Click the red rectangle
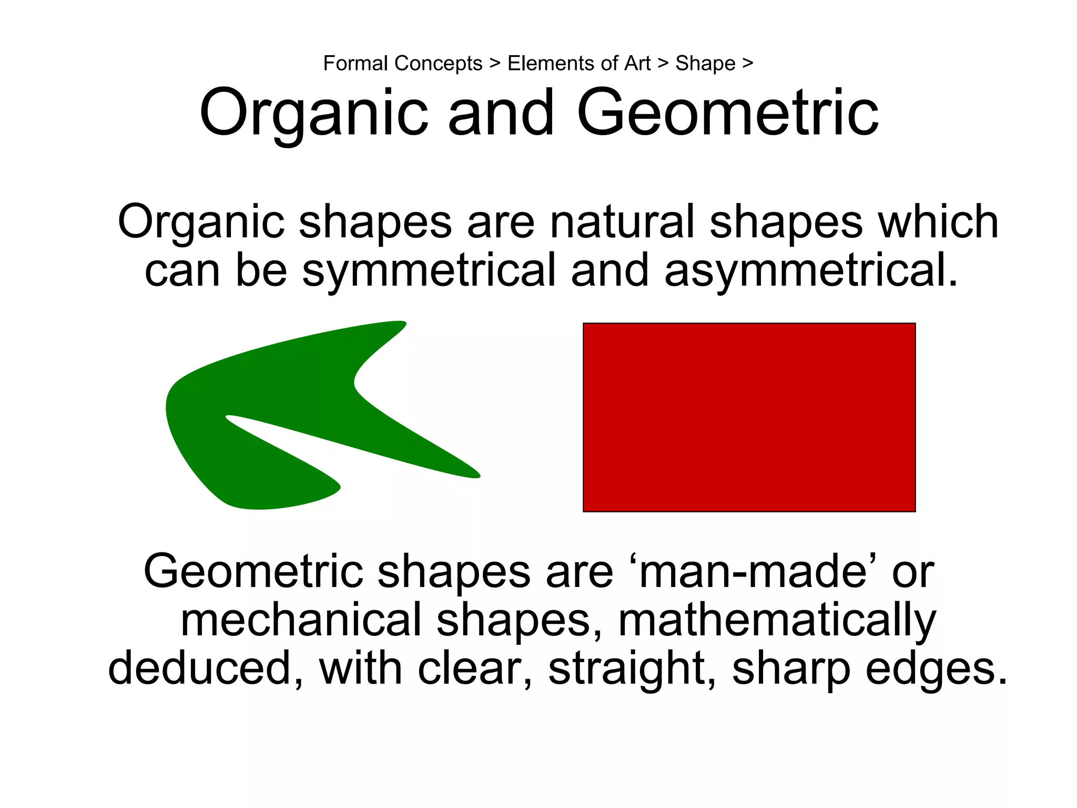749,417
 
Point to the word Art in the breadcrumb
637,64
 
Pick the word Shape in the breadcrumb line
705,64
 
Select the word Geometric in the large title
727,113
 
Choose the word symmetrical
429,270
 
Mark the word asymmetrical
810,270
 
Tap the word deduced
205,668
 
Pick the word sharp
790,668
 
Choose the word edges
936,668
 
